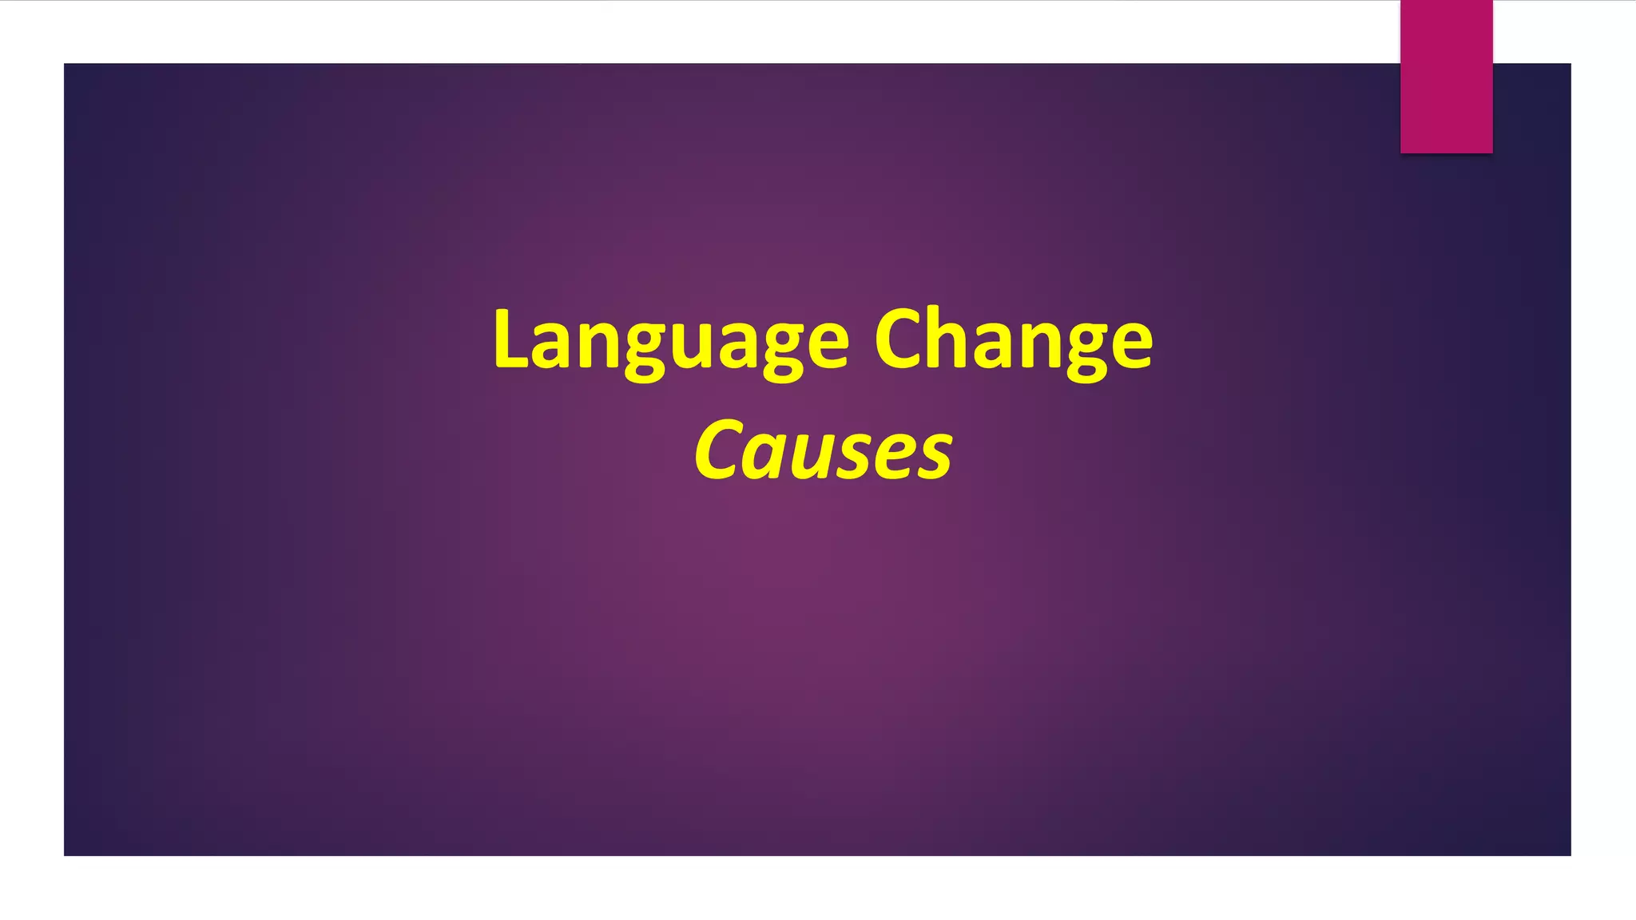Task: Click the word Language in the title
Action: [x=671, y=341]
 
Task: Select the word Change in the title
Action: [x=1013, y=341]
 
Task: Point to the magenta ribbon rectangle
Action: [x=1446, y=76]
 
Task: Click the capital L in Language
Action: [x=510, y=339]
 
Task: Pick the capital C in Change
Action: [x=900, y=339]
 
